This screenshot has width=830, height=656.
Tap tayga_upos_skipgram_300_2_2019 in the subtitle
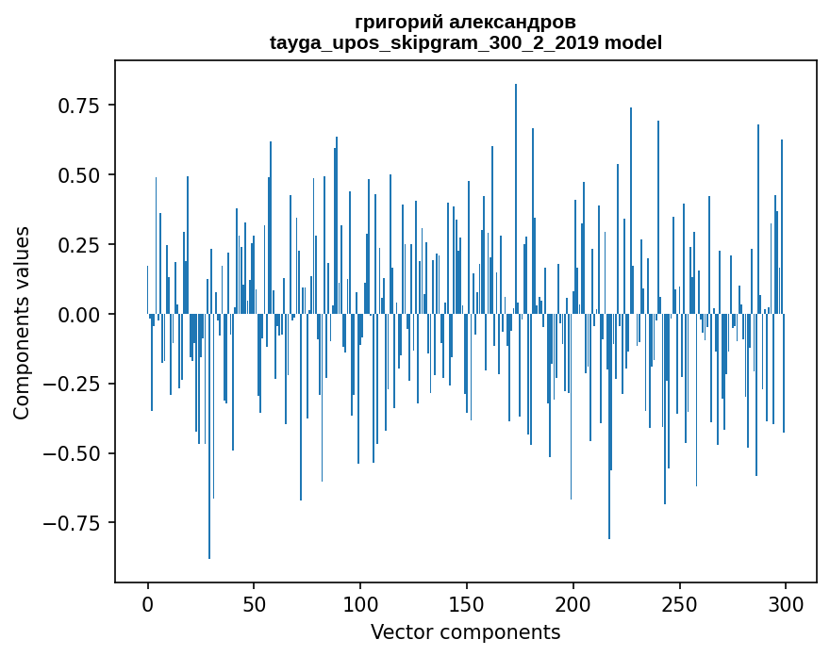[435, 42]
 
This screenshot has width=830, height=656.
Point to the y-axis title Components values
[22, 322]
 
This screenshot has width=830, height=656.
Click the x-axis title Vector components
[465, 632]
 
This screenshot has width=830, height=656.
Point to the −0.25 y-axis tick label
[73, 385]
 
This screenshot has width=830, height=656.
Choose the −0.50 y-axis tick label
[73, 454]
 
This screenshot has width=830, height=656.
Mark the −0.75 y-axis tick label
[73, 523]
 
